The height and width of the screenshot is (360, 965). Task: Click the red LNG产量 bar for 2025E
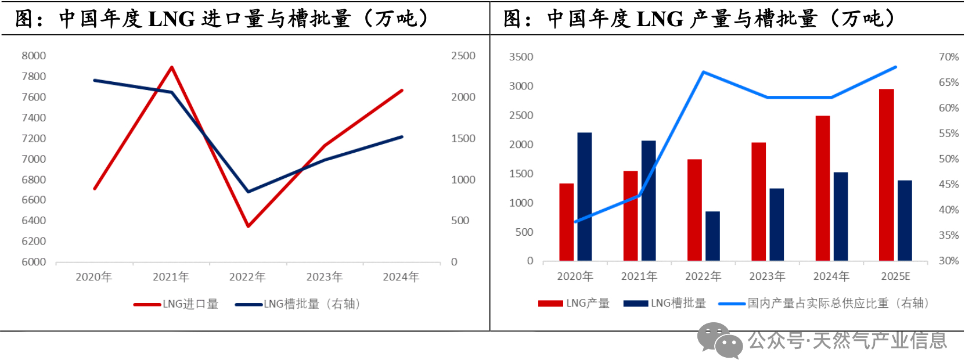(x=886, y=175)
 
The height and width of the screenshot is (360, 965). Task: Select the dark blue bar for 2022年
(x=712, y=236)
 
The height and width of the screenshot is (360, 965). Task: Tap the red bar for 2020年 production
(x=566, y=222)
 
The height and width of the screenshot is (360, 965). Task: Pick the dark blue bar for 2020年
(x=584, y=197)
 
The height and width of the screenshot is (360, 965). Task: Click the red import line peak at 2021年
(x=171, y=67)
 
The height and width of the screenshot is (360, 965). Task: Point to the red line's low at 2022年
(x=248, y=226)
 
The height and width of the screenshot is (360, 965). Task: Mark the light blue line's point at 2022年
(x=703, y=73)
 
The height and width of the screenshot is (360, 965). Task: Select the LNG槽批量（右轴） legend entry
(x=298, y=304)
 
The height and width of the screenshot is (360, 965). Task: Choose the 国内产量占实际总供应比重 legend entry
(x=824, y=303)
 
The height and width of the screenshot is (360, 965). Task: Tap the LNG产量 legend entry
(x=574, y=303)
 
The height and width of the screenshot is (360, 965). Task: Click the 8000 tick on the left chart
(x=34, y=56)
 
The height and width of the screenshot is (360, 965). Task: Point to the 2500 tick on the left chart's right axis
(x=463, y=56)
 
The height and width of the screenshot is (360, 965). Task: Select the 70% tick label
(x=948, y=57)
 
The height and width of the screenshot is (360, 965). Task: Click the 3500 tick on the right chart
(x=521, y=57)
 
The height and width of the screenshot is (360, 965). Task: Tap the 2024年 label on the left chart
(x=401, y=277)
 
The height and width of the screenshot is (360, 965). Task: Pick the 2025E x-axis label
(x=895, y=276)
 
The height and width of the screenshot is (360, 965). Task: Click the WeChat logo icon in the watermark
(x=720, y=340)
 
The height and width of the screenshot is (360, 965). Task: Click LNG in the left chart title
(x=172, y=19)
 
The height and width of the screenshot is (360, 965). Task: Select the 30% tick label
(x=948, y=261)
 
